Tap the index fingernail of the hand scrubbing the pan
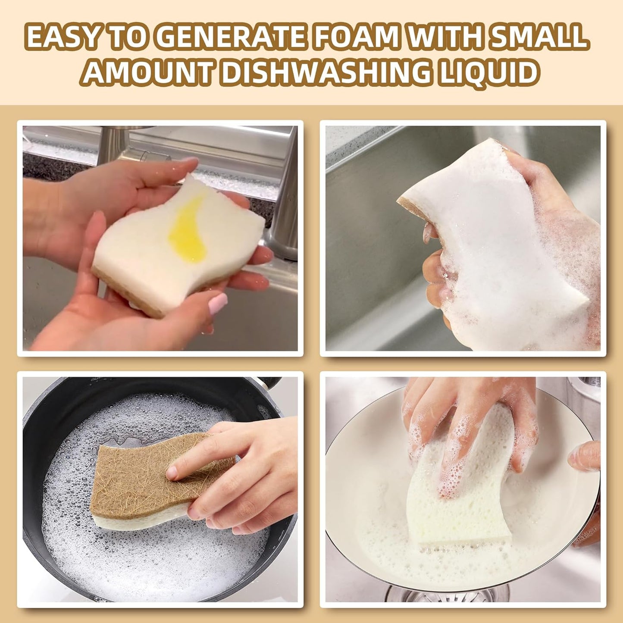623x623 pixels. click(172, 472)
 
